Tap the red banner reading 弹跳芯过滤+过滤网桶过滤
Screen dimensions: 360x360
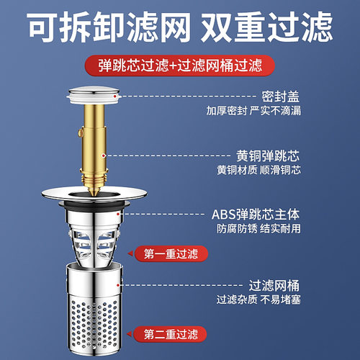coord(179,66)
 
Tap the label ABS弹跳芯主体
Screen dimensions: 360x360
coord(256,214)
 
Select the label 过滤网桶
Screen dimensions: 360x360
coord(273,284)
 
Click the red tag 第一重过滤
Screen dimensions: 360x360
coord(169,253)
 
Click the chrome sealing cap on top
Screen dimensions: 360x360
coord(98,94)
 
